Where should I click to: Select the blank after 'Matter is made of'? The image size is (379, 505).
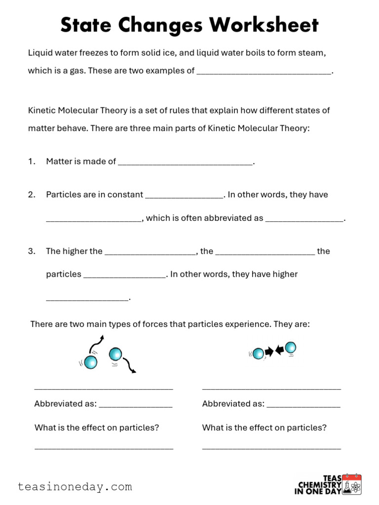pos(185,161)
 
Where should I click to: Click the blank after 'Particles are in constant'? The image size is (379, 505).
pos(184,195)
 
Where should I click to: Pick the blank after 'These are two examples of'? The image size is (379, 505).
pos(264,71)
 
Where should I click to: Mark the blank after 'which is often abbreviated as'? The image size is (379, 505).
pos(304,218)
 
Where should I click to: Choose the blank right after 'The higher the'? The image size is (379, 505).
pos(150,252)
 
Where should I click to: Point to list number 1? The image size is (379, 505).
pos(32,161)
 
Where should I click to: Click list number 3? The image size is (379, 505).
pos(32,252)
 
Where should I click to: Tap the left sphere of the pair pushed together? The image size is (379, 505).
pos(258,353)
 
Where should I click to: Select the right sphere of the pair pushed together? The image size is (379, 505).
pos(291,348)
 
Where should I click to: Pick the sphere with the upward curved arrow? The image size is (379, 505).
pos(90,362)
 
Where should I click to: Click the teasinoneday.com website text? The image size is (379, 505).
pos(75,487)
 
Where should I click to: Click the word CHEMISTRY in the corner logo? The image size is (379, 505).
pos(320,485)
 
